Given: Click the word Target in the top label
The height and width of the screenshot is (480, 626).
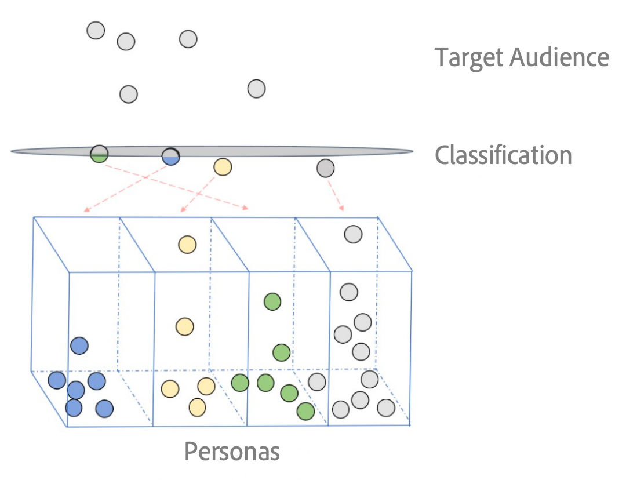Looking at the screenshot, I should click(469, 57).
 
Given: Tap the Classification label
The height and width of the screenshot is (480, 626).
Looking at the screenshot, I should click(503, 155).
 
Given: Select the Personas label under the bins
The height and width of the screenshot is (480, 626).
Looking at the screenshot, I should click(232, 451).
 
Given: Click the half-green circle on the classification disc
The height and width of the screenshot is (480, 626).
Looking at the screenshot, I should click(99, 154).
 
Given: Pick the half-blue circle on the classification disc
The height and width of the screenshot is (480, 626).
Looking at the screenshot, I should click(170, 157).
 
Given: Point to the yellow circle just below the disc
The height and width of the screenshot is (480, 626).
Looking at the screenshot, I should click(223, 167).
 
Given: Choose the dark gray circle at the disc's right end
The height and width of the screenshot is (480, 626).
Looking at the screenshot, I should click(326, 169).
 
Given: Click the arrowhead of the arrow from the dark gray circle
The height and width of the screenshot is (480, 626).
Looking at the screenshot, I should click(342, 208).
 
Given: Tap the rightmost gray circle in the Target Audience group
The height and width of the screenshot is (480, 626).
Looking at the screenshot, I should click(256, 89).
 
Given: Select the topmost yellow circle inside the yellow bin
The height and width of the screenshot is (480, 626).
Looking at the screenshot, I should click(187, 245).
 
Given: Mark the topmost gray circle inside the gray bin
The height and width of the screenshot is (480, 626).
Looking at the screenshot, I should click(353, 234).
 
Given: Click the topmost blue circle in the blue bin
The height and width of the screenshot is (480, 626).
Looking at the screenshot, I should click(79, 346).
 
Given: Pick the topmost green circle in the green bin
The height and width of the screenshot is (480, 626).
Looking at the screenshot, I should click(272, 301).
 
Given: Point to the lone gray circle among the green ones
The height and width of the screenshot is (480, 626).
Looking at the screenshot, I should click(316, 382).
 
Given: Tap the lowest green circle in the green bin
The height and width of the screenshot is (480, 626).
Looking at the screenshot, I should click(305, 411).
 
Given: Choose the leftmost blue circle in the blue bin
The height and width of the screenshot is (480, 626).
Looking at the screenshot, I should click(57, 380).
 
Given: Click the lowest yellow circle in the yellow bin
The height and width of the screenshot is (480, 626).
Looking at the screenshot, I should click(197, 407).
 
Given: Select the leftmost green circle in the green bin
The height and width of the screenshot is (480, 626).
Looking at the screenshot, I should click(240, 383).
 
